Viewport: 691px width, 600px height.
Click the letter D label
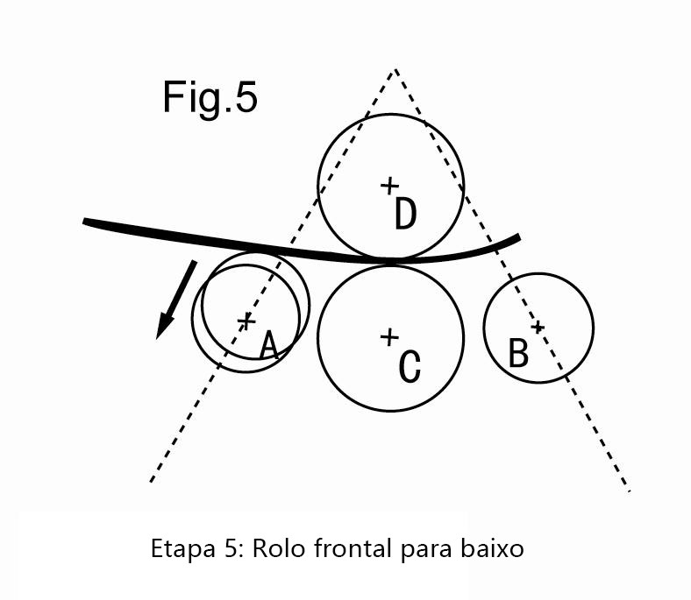[405, 214]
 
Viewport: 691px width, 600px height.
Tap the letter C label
[410, 366]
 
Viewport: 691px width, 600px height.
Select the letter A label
[269, 345]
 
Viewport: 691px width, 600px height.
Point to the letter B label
[518, 352]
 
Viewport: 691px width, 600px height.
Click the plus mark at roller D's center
[389, 186]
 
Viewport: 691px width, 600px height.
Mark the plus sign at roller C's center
[389, 337]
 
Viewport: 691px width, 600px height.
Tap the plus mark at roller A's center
[246, 321]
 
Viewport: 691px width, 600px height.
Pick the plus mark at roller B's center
[538, 327]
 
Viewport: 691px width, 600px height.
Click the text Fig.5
[210, 98]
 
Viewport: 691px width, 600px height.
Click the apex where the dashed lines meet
[395, 69]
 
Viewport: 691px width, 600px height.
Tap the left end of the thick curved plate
[84, 222]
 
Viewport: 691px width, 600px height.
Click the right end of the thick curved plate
[519, 237]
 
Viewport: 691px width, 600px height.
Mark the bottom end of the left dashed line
[151, 481]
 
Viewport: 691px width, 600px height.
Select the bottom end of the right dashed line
[629, 491]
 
